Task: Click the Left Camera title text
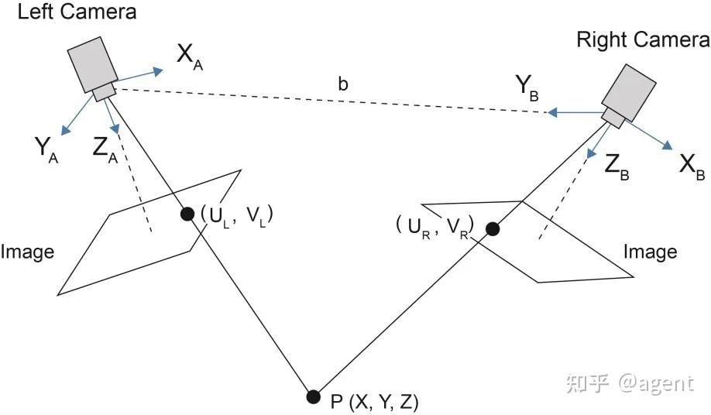pyautogui.click(x=77, y=12)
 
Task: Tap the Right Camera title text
pyautogui.click(x=643, y=39)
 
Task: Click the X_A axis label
pyautogui.click(x=190, y=57)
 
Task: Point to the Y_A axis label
pyautogui.click(x=46, y=149)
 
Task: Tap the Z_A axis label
pyautogui.click(x=105, y=149)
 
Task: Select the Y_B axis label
pyautogui.click(x=527, y=87)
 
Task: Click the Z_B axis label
pyautogui.click(x=617, y=167)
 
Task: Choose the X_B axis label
pyautogui.click(x=692, y=166)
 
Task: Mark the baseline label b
pyautogui.click(x=343, y=84)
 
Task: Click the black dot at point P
pyautogui.click(x=313, y=397)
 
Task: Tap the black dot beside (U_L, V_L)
pyautogui.click(x=187, y=214)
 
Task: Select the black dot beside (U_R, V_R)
pyautogui.click(x=493, y=229)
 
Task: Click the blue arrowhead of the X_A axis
pyautogui.click(x=158, y=71)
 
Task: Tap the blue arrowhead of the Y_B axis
pyautogui.click(x=552, y=112)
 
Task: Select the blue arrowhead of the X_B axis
pyautogui.click(x=668, y=145)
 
